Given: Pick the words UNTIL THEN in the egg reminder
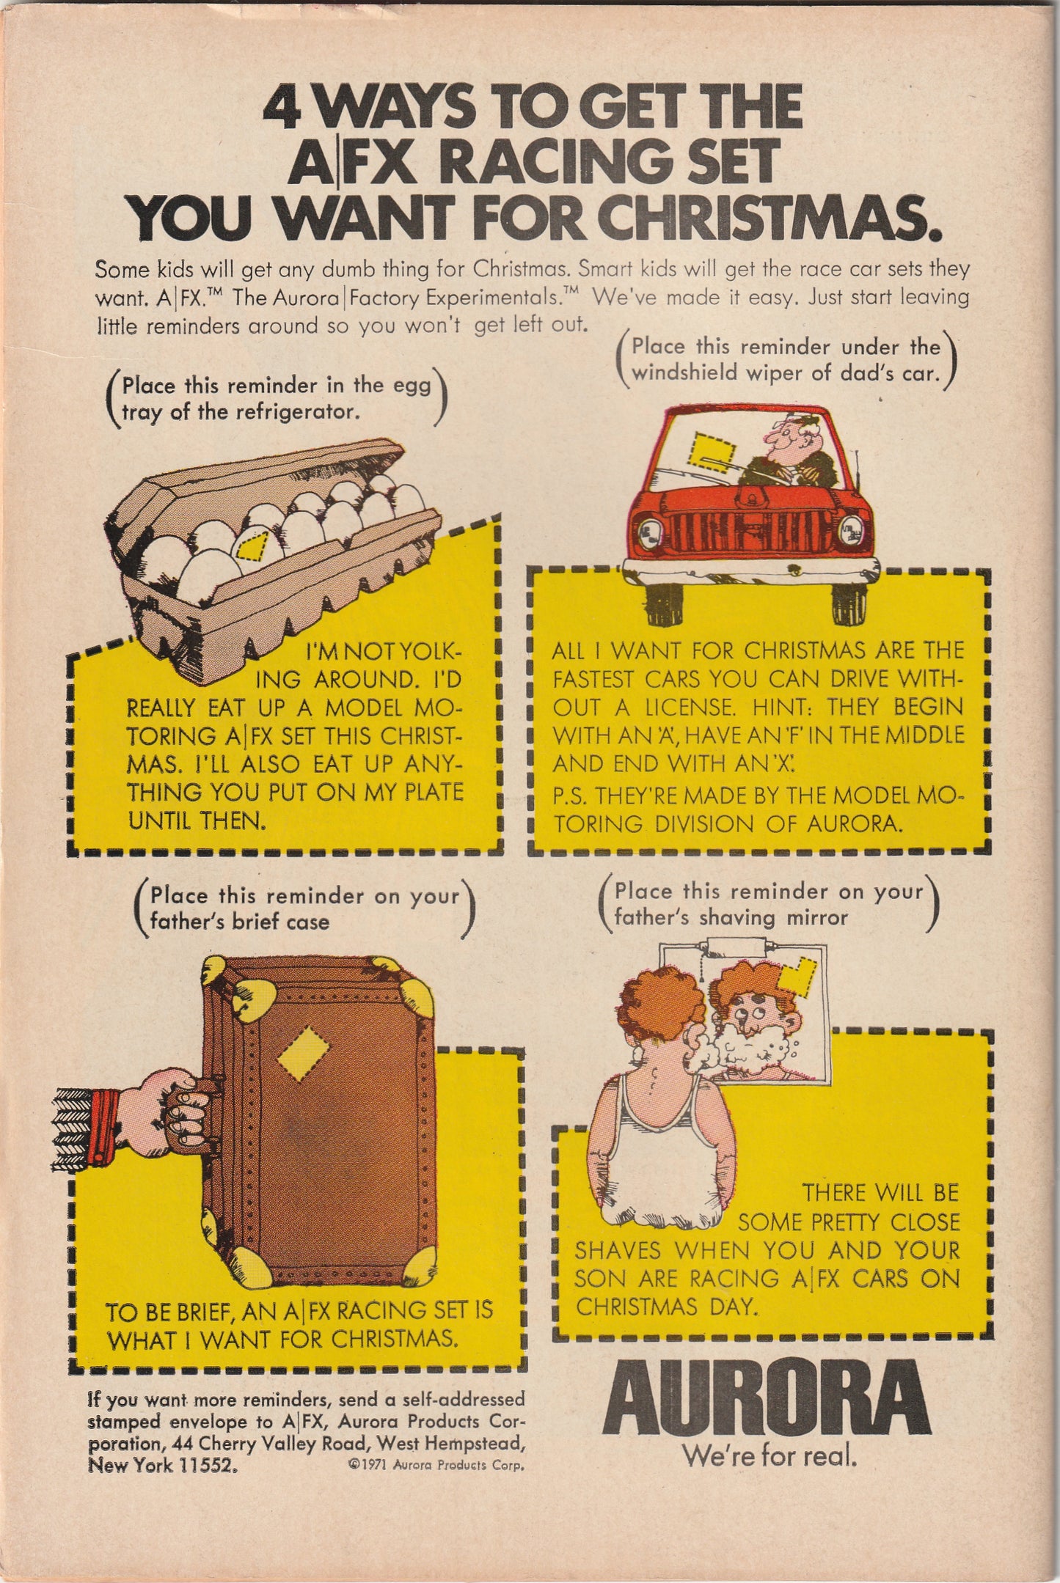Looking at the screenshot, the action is pyautogui.click(x=197, y=820).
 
